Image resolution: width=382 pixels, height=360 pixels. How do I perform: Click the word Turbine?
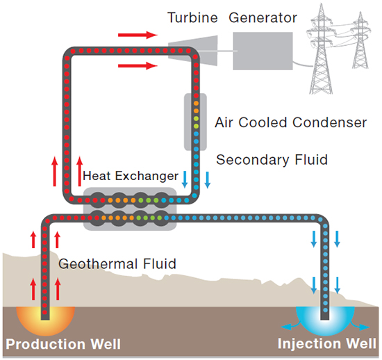pyautogui.click(x=192, y=17)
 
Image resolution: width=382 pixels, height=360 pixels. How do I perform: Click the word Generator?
pyautogui.click(x=263, y=17)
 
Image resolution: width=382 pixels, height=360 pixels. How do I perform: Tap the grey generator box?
pyautogui.click(x=263, y=51)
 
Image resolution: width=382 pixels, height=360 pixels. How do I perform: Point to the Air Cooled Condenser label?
pyautogui.click(x=290, y=122)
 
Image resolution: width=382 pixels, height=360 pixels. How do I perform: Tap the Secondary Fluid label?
pyautogui.click(x=272, y=160)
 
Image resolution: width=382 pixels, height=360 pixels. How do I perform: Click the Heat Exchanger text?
pyautogui.click(x=131, y=176)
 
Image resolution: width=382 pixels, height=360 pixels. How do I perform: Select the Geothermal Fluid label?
pyautogui.click(x=117, y=263)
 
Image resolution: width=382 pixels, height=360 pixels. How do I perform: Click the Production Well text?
pyautogui.click(x=63, y=344)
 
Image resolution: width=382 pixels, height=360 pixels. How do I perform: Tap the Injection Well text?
pyautogui.click(x=327, y=343)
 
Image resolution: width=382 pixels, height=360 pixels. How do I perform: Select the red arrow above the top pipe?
pyautogui.click(x=138, y=35)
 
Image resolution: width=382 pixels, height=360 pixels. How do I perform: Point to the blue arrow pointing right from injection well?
pyautogui.click(x=360, y=326)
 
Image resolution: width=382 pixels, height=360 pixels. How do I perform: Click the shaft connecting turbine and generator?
pyautogui.click(x=227, y=51)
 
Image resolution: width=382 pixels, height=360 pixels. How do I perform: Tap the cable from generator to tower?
pyautogui.click(x=303, y=64)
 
